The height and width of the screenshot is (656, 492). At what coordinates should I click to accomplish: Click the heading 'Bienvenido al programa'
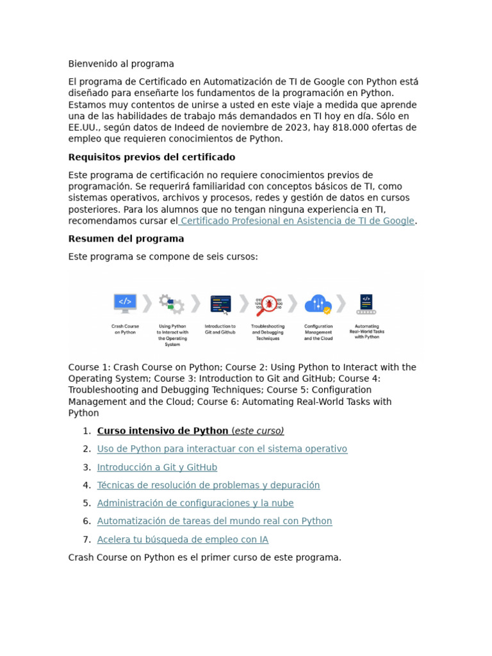[121, 64]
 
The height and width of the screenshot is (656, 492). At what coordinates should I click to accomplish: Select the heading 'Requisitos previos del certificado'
[152, 157]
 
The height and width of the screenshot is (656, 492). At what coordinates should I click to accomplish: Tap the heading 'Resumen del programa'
[126, 238]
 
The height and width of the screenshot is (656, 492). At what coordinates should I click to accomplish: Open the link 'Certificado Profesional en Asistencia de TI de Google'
[297, 221]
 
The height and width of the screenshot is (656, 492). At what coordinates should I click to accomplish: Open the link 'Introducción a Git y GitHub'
[157, 467]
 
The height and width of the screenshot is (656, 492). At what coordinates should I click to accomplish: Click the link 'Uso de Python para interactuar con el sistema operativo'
[222, 449]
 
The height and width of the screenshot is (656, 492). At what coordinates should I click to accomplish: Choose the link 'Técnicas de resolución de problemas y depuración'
[208, 485]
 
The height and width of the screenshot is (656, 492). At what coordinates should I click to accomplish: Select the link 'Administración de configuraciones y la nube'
[195, 503]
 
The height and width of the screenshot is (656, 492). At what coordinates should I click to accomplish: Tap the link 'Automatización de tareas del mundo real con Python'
[215, 521]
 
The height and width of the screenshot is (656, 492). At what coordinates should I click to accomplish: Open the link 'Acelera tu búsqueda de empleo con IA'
[183, 539]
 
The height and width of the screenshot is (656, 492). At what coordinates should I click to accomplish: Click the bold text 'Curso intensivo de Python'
[163, 430]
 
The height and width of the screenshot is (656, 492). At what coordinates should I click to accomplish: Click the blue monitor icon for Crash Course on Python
[125, 302]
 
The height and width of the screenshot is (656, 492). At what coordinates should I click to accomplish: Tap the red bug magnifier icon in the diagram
[268, 303]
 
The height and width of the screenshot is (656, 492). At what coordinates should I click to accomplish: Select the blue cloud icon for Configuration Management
[318, 303]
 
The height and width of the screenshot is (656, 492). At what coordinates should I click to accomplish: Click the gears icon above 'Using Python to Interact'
[172, 304]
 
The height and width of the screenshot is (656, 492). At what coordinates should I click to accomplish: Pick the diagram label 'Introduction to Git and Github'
[220, 329]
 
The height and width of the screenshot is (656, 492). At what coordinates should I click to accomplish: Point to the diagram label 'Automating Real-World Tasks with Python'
[367, 331]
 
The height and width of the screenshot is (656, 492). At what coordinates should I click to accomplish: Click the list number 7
[86, 539]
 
